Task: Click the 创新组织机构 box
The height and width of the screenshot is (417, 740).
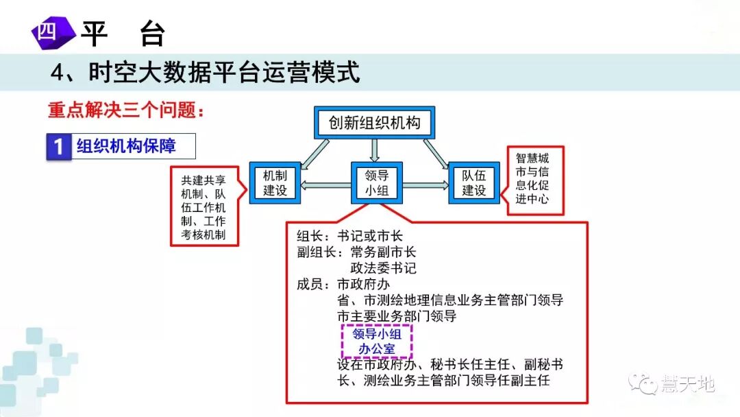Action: click(x=374, y=123)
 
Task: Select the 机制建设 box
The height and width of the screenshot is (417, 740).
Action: click(x=275, y=183)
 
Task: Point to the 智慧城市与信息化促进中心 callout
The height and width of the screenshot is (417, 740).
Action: click(x=535, y=179)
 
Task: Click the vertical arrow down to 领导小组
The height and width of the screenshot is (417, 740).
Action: click(x=375, y=150)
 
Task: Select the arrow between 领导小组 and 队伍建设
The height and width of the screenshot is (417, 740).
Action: click(x=425, y=184)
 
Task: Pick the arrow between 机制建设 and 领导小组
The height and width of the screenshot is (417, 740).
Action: click(x=325, y=184)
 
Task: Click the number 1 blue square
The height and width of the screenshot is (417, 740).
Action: click(x=59, y=147)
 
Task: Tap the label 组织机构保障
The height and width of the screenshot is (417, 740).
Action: click(x=126, y=146)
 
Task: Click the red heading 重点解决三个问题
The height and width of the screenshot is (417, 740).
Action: click(x=126, y=109)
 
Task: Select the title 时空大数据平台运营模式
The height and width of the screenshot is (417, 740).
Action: click(x=206, y=72)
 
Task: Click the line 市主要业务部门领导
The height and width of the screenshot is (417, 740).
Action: click(x=397, y=316)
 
